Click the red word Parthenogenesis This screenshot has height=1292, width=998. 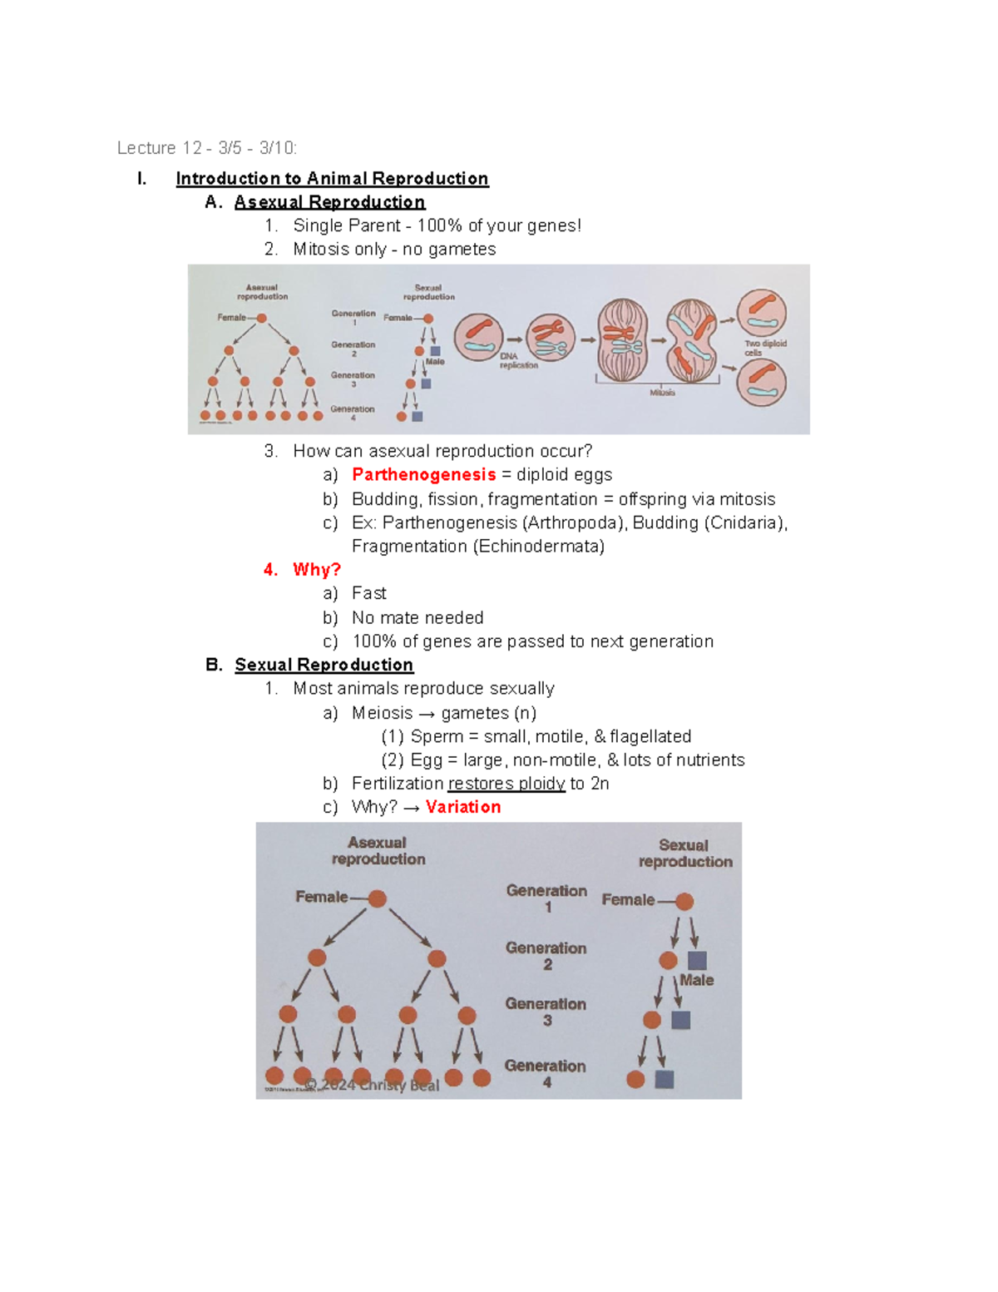[423, 474]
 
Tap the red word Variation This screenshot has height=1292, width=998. [463, 807]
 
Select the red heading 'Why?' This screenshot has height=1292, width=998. [316, 570]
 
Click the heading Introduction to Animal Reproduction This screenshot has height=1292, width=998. [332, 179]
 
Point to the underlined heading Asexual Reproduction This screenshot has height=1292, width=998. [329, 202]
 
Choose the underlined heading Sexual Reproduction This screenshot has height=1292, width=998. [324, 665]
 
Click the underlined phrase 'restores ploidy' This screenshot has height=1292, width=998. [506, 784]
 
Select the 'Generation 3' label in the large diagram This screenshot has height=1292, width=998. [546, 1012]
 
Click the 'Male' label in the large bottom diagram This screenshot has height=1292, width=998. [696, 980]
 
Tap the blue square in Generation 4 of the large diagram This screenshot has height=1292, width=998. [664, 1079]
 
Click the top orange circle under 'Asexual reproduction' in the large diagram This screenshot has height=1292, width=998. [377, 898]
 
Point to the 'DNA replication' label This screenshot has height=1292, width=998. [518, 360]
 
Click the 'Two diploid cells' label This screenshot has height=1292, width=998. [764, 348]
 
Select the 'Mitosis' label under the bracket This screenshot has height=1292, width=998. [662, 393]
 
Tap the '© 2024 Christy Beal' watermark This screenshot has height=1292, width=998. [372, 1085]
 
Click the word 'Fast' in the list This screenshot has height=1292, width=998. [368, 593]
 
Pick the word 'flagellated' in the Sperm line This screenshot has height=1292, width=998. [650, 736]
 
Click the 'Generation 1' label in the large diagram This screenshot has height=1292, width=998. [546, 898]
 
